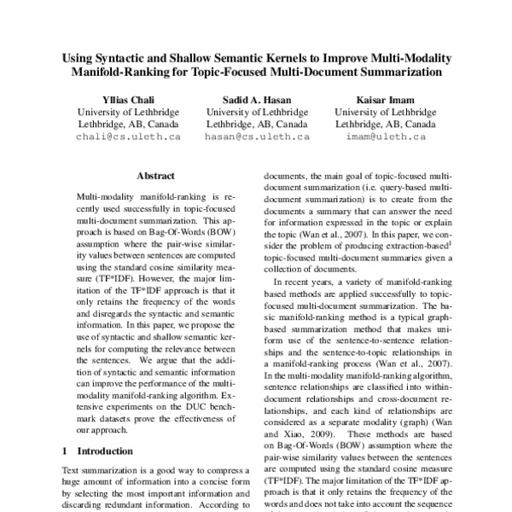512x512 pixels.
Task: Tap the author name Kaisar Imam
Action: click(x=378, y=98)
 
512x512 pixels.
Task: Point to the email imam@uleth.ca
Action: click(x=378, y=137)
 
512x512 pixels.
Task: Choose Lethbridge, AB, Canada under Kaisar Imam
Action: click(x=378, y=124)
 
